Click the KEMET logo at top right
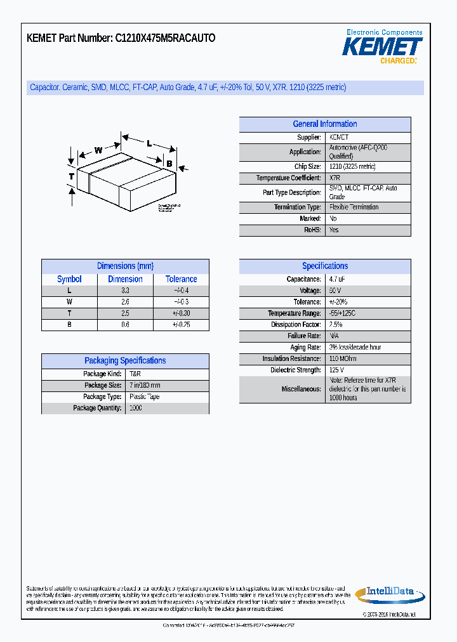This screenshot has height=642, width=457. coord(383,47)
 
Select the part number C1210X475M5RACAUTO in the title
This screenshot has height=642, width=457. coord(165,38)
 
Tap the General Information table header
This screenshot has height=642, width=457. coord(324,124)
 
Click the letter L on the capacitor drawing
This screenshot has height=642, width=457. coord(149,143)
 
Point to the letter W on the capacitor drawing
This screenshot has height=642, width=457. coord(98,150)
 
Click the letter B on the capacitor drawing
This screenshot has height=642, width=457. coord(169,164)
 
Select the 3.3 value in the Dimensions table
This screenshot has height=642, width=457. coord(125,291)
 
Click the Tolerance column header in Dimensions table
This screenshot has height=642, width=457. coord(181,279)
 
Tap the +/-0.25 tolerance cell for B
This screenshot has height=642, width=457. coord(181,325)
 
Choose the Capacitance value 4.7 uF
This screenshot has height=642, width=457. coord(337,279)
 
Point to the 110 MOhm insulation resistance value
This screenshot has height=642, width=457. coord(343,359)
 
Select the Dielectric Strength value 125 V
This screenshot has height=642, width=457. coord(336,370)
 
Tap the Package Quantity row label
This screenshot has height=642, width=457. coord(97,409)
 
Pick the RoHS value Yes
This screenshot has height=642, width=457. coord(334,230)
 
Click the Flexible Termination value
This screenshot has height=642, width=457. coord(354,207)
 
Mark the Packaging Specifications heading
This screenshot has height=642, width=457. coord(125,361)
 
